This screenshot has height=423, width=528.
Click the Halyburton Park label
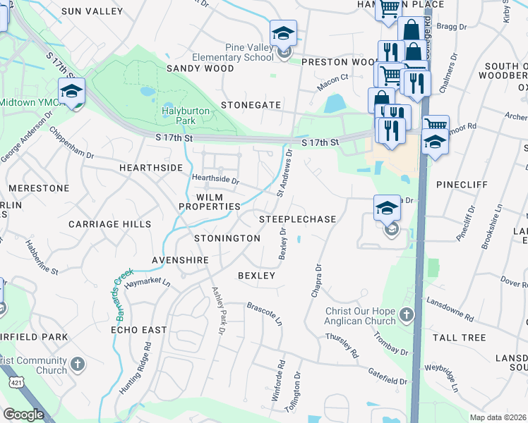pyautogui.click(x=178, y=116)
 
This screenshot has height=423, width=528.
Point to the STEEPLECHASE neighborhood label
pyautogui.click(x=296, y=219)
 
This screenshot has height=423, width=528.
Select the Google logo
pyautogui.click(x=23, y=415)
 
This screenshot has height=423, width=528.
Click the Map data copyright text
pyautogui.click(x=498, y=417)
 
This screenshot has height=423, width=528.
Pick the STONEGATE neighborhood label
pyautogui.click(x=251, y=104)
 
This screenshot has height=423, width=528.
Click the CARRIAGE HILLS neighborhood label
pyautogui.click(x=109, y=223)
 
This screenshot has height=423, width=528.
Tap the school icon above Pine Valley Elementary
pyautogui.click(x=283, y=33)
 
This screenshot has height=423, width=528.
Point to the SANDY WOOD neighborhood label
pyautogui.click(x=200, y=68)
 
